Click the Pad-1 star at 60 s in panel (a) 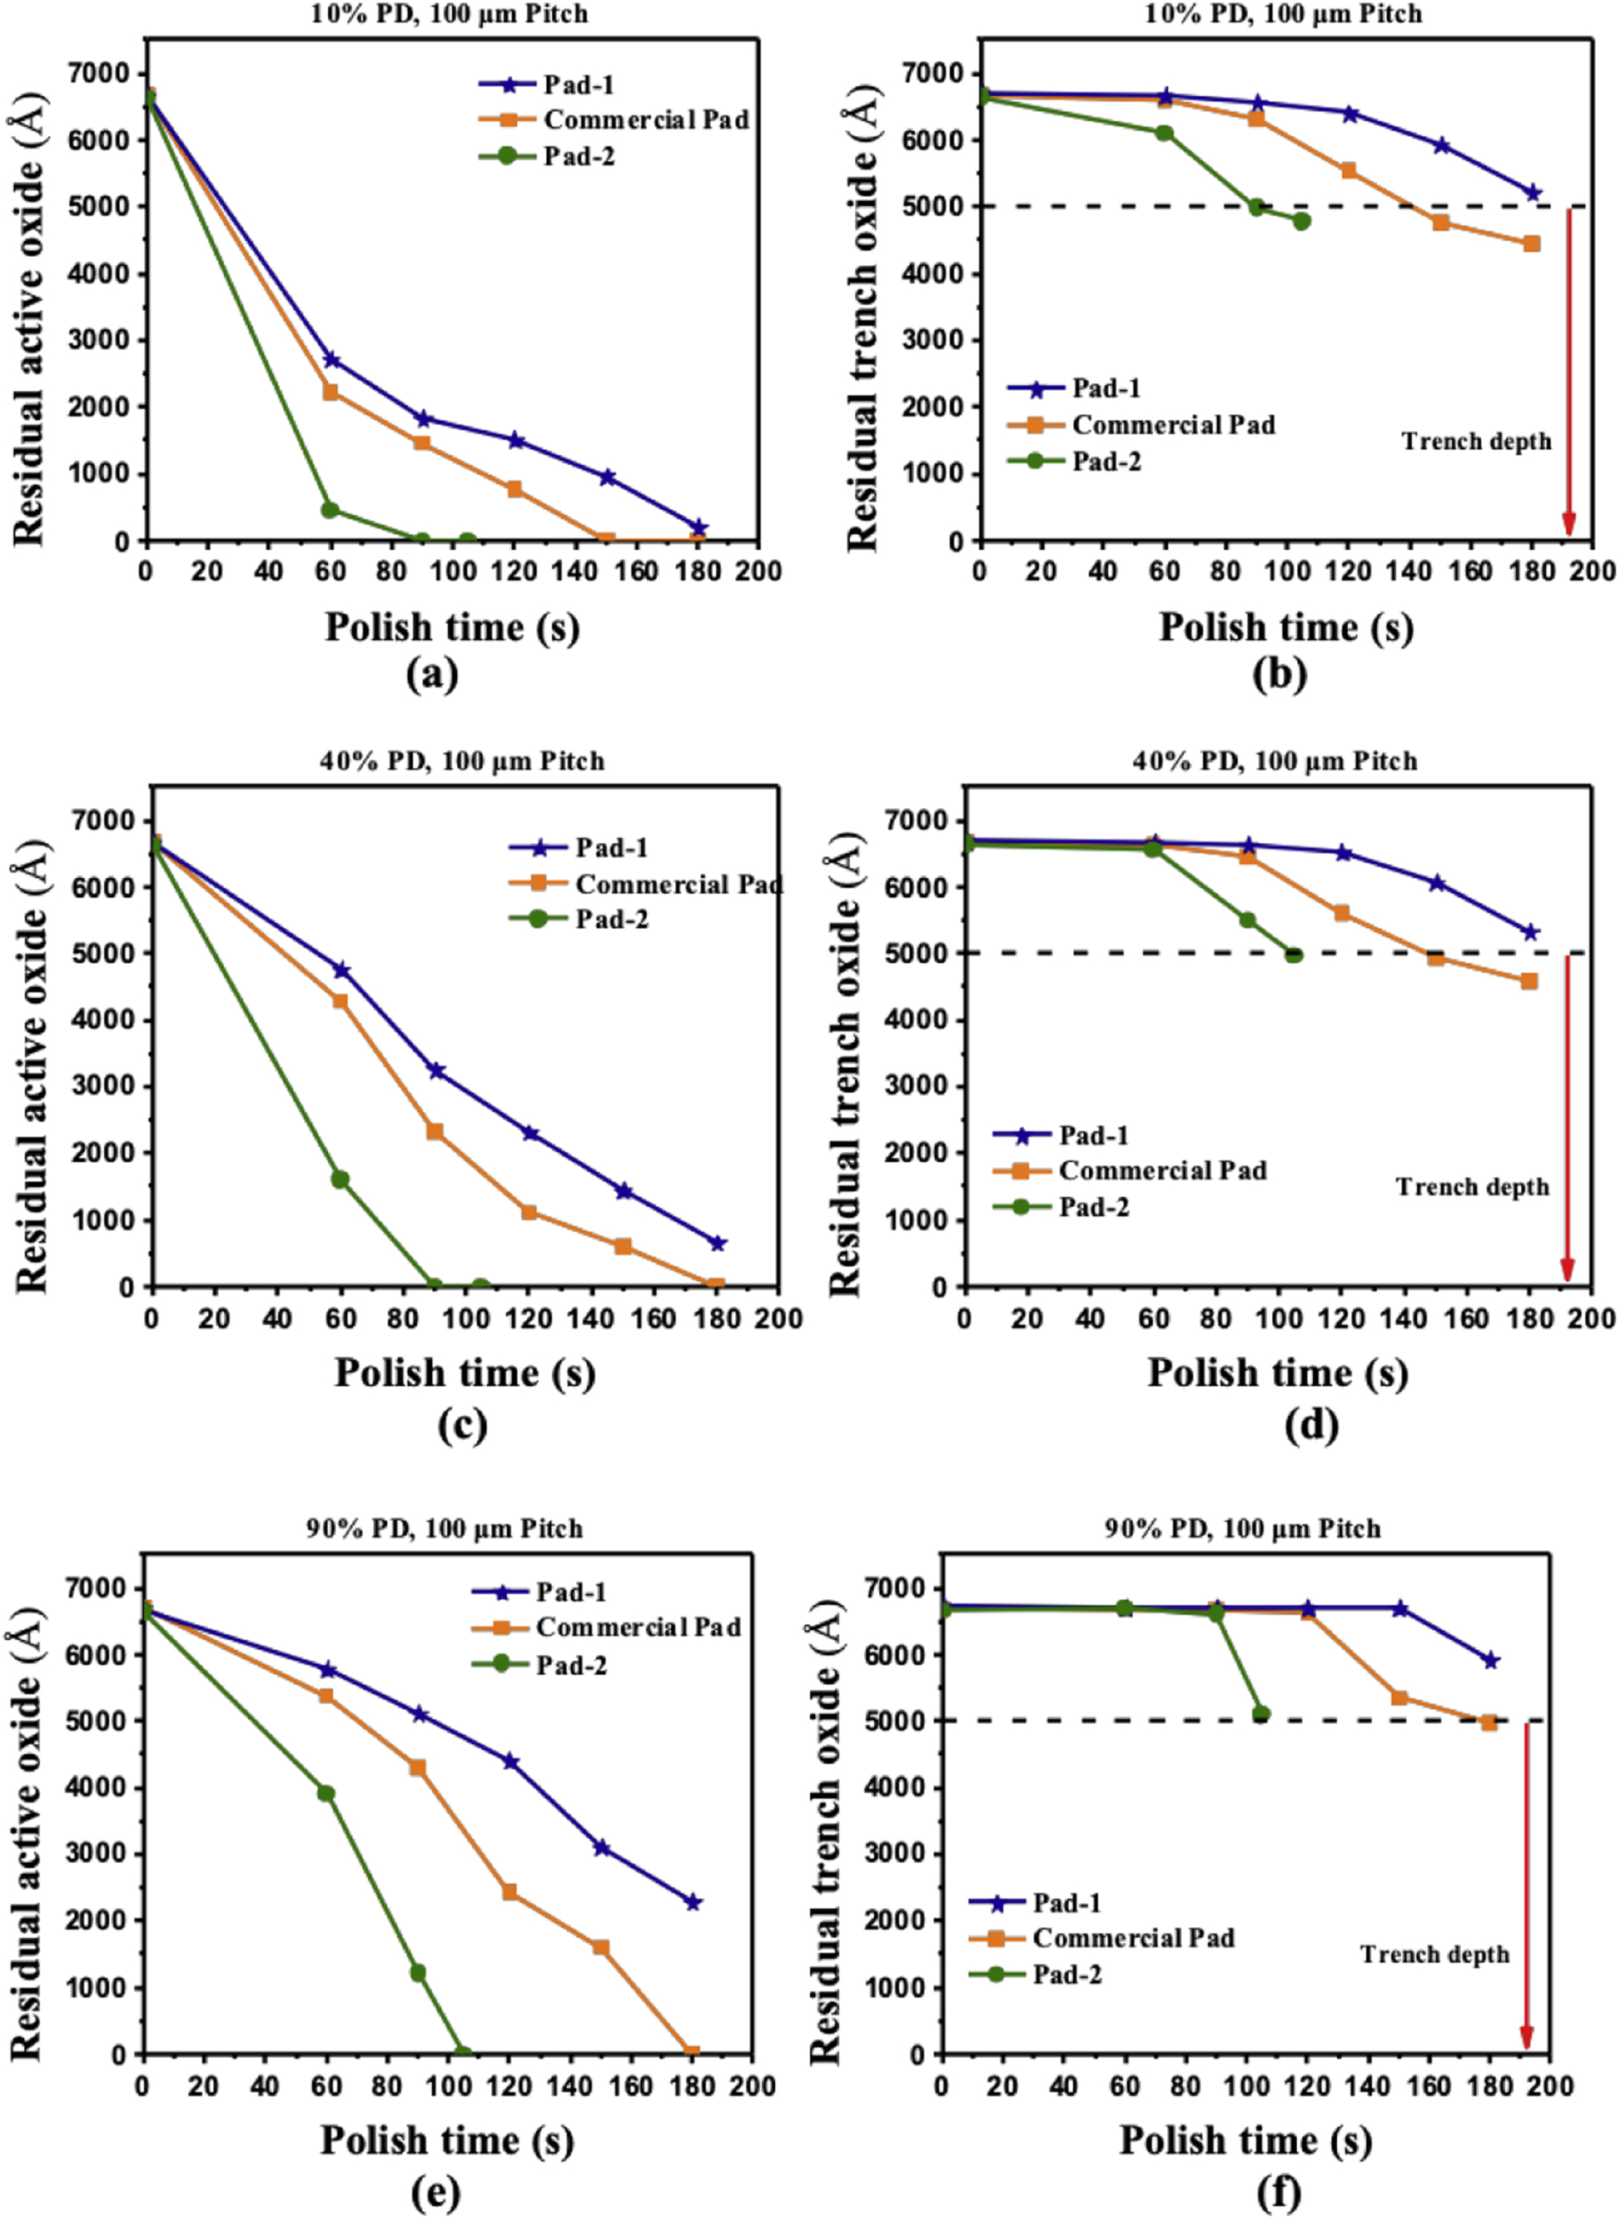(x=331, y=359)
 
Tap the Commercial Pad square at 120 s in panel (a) (x=514, y=489)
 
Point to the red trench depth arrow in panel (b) (x=1568, y=373)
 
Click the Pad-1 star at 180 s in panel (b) (x=1533, y=193)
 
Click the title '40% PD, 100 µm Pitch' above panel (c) (x=462, y=761)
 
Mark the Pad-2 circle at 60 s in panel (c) (x=340, y=1179)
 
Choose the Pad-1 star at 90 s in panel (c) (x=436, y=1071)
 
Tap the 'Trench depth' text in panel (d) (x=1472, y=1187)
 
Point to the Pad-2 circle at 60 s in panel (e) (x=326, y=1794)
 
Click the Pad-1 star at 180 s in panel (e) (x=693, y=1902)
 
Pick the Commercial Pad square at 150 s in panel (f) (x=1399, y=1698)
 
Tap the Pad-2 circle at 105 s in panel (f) (x=1262, y=1715)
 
